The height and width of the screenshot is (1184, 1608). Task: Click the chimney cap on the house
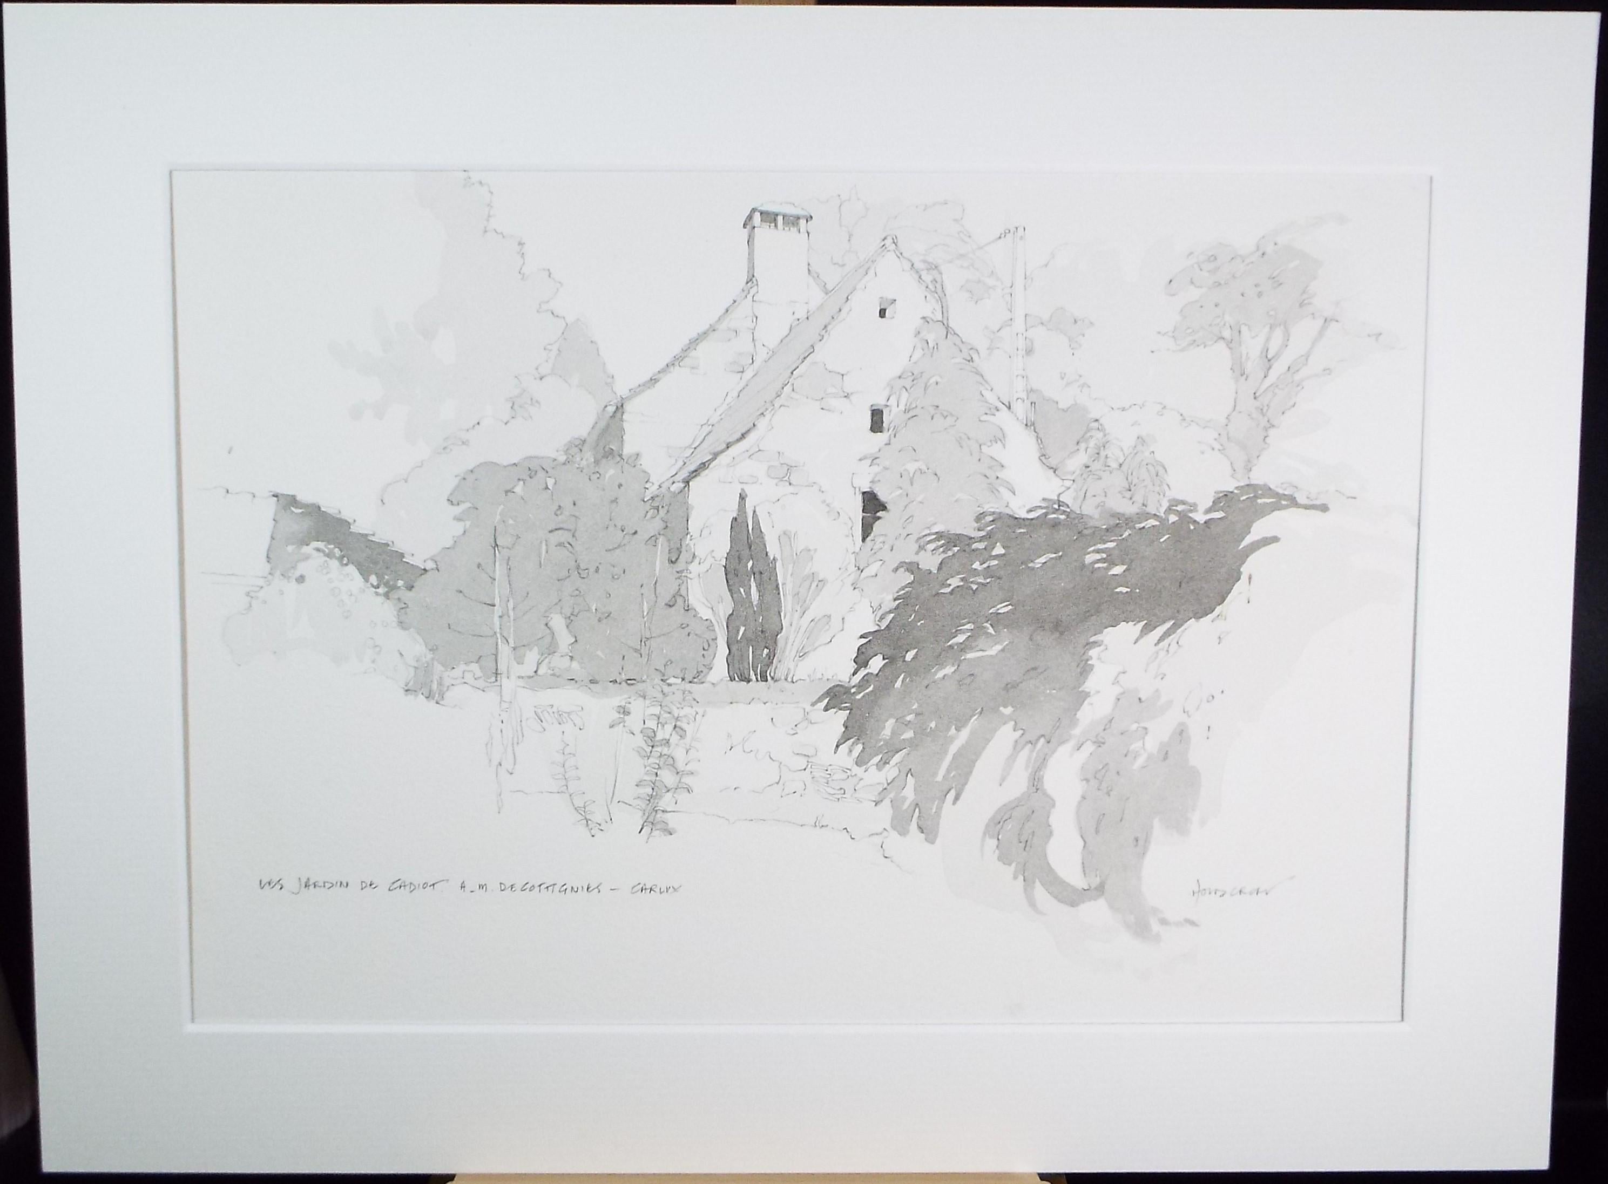(x=777, y=215)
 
